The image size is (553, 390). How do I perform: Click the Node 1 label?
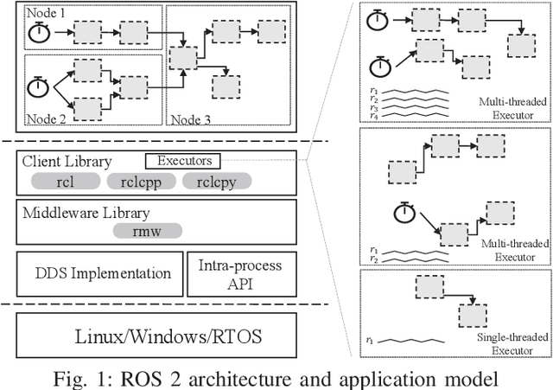tap(29, 14)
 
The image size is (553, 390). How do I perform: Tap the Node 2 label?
tap(29, 119)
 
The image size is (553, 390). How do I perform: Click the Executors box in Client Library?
tap(184, 160)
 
